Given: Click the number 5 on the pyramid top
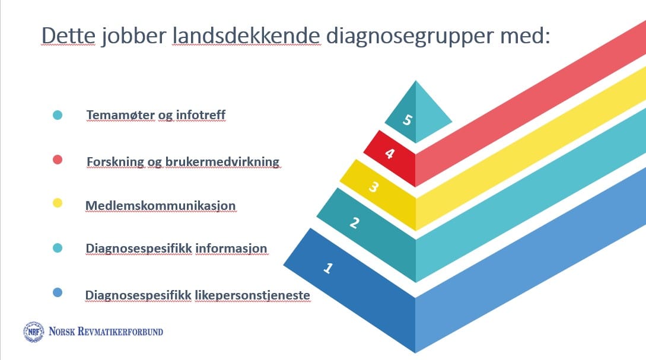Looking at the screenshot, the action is tap(407, 120).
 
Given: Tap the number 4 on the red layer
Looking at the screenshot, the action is tap(390, 154).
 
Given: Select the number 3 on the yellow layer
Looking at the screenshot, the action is tap(373, 187).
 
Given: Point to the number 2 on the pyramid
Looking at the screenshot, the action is tap(354, 223).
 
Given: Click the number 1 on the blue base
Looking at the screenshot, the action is tap(328, 268).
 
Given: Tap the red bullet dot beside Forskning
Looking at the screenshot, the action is tap(58, 160).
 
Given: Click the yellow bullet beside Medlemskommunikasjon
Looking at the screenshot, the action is tap(58, 203).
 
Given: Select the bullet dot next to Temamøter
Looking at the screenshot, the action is tap(58, 115).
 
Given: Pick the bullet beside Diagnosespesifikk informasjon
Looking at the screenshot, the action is tap(58, 247).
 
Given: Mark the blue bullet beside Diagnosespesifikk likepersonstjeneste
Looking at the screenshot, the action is tap(58, 292).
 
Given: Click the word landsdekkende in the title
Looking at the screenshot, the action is tap(246, 36).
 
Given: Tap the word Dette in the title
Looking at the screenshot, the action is tap(68, 36).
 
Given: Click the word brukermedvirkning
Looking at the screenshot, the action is tap(222, 161).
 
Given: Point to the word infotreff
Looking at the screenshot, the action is tap(201, 114).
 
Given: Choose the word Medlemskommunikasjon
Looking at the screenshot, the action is tap(161, 206).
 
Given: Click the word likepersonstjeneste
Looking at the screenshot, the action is tap(252, 295).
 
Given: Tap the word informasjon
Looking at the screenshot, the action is tap(231, 249).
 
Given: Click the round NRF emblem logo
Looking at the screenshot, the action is tap(33, 332).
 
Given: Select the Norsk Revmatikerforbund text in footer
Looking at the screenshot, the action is tap(106, 332).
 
